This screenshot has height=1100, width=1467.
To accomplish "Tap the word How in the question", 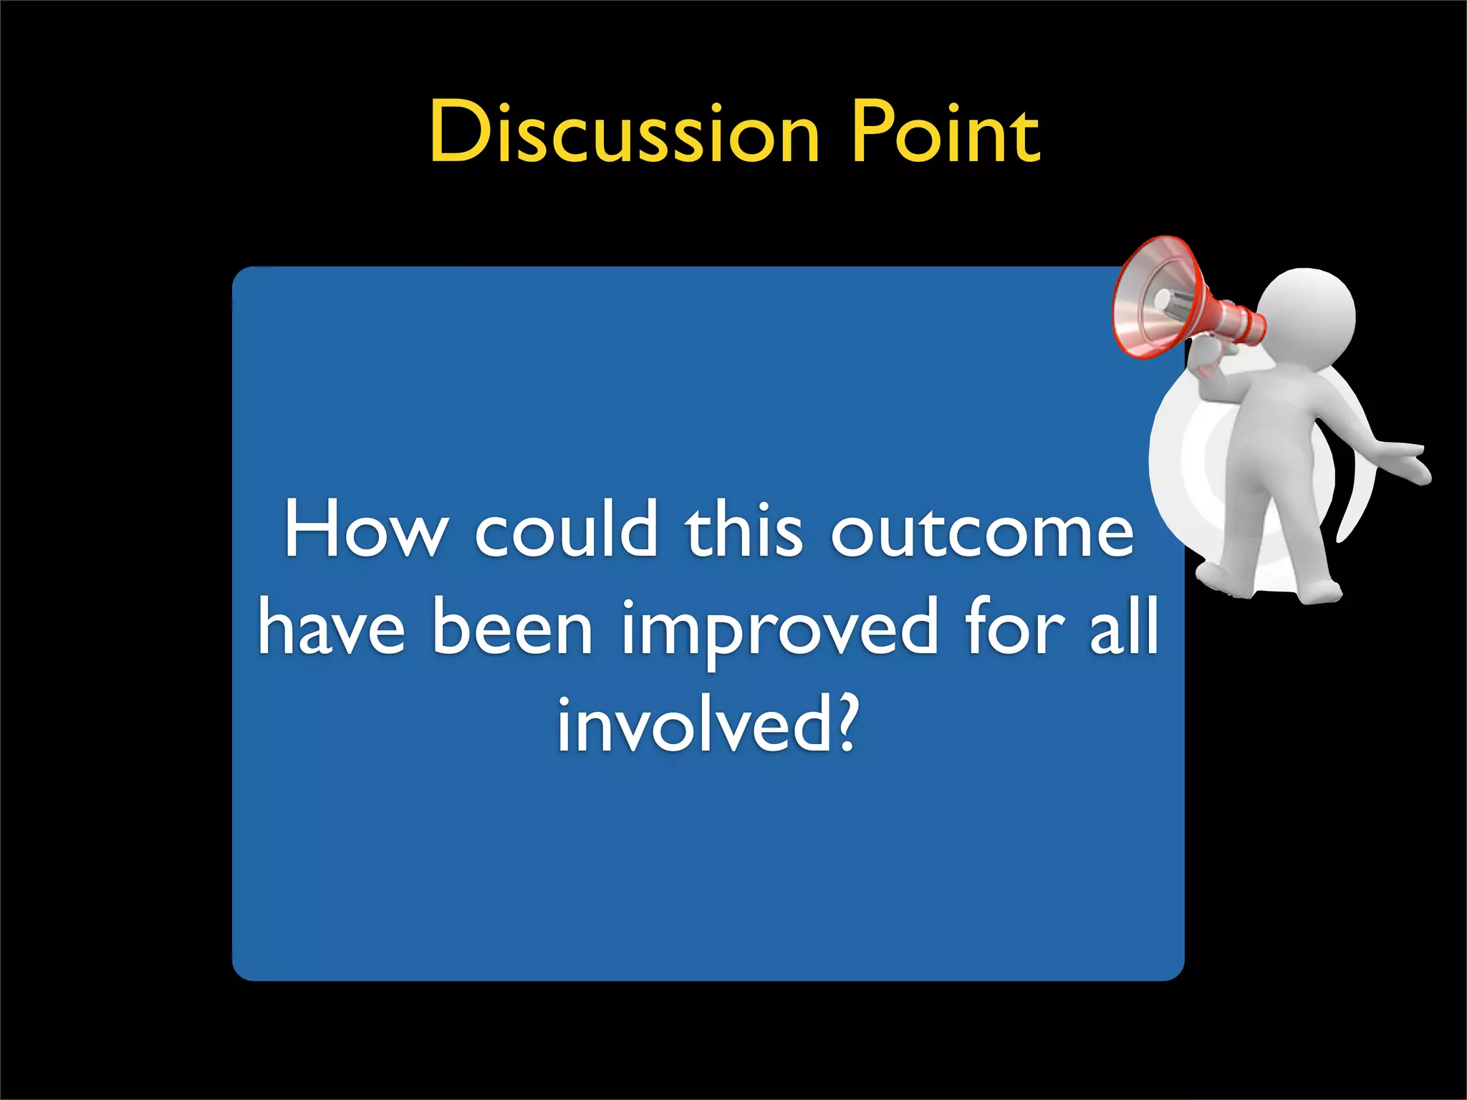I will click(364, 531).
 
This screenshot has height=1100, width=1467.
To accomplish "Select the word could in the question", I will click(566, 531).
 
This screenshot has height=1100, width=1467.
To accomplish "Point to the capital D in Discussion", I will click(458, 132).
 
